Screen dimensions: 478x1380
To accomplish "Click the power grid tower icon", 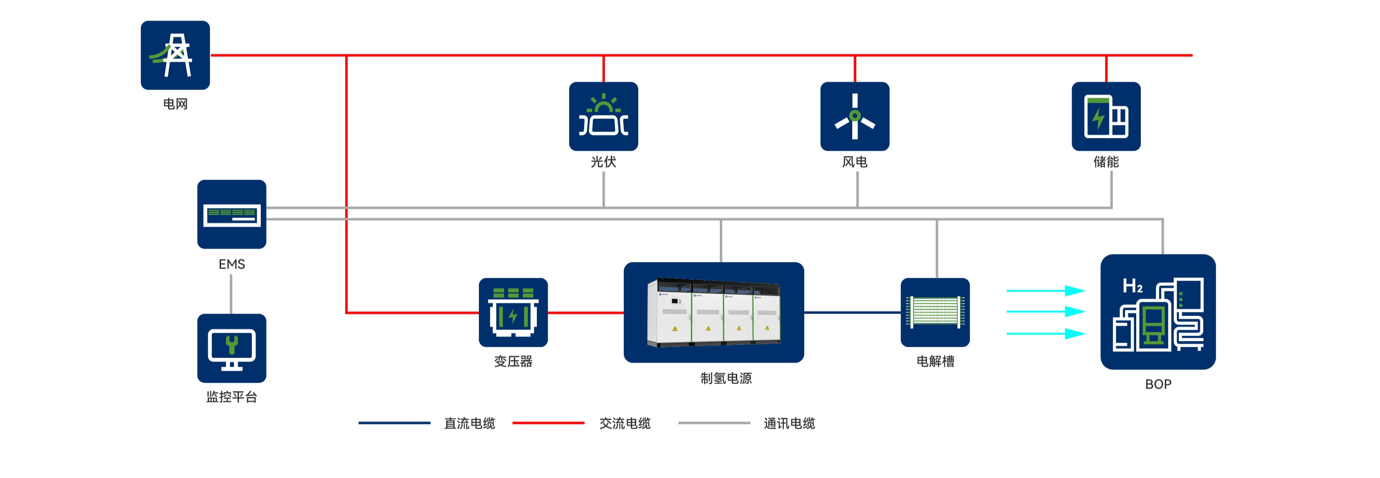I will pyautogui.click(x=175, y=55).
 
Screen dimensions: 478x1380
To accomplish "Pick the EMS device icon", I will pyautogui.click(x=231, y=214).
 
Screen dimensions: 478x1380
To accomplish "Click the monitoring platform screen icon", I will pyautogui.click(x=231, y=348).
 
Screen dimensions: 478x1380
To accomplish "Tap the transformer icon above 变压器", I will pyautogui.click(x=513, y=312).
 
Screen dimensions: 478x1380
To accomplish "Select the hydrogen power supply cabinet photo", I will pyautogui.click(x=714, y=312).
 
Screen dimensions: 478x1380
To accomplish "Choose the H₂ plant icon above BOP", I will pyautogui.click(x=1158, y=312).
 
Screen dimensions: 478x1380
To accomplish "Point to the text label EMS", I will pyautogui.click(x=231, y=264).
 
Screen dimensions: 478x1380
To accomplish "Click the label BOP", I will pyautogui.click(x=1158, y=384).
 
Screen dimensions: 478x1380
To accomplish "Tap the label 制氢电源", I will pyautogui.click(x=726, y=378).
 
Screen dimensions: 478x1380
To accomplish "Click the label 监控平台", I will pyautogui.click(x=231, y=397).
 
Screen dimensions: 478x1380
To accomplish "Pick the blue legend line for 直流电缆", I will pyautogui.click(x=394, y=423).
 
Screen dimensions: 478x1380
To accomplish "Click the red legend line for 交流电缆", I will pyautogui.click(x=548, y=423).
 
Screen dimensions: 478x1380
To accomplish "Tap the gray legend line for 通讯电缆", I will pyautogui.click(x=714, y=423).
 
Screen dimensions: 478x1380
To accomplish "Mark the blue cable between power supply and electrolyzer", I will pyautogui.click(x=852, y=312).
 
